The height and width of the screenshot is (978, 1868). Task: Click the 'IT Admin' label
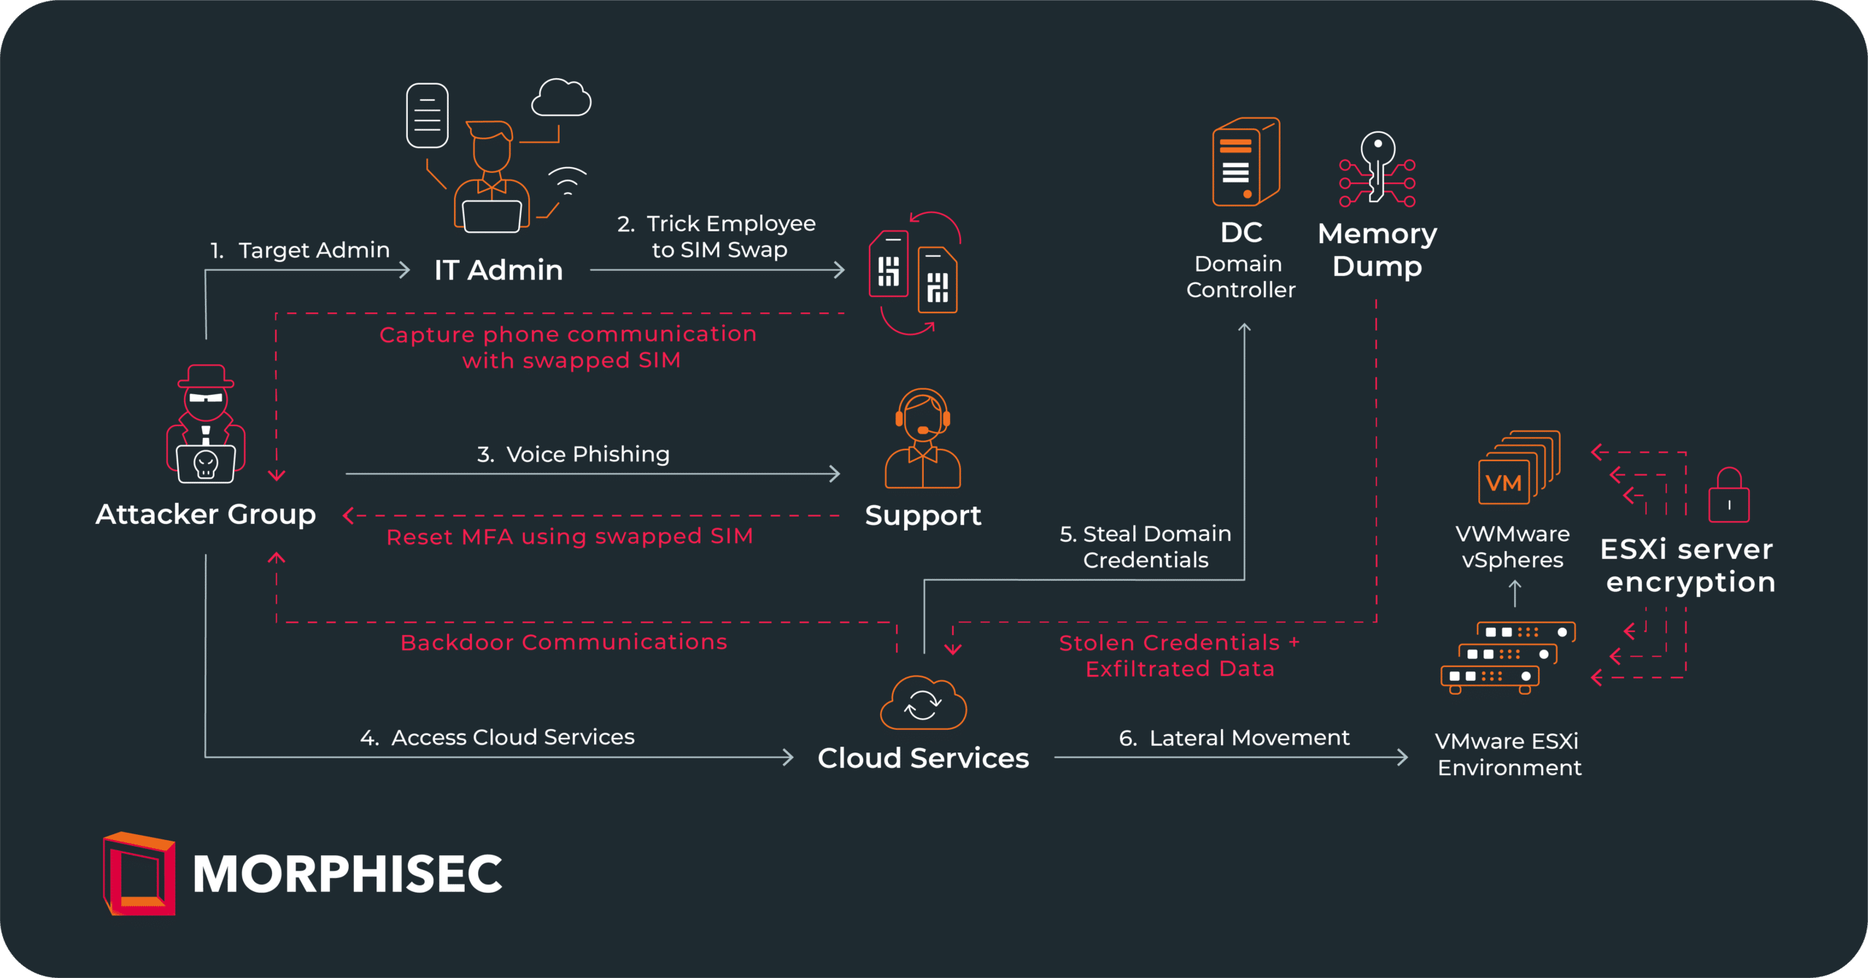coord(498,270)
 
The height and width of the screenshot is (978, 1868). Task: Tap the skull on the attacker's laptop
coord(206,464)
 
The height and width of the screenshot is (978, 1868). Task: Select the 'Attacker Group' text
coord(206,515)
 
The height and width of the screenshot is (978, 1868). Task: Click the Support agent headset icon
coord(923,438)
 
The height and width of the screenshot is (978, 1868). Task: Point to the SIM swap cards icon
coord(914,274)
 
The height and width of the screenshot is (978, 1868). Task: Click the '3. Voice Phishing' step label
coord(573,454)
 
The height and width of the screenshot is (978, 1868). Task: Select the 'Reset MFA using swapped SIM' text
coord(569,536)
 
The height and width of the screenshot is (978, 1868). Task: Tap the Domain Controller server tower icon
coord(1245,162)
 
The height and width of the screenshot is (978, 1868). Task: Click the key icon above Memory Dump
coord(1377,168)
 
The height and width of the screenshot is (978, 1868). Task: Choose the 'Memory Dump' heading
coord(1377,250)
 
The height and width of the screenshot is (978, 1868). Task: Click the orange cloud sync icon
coord(923,703)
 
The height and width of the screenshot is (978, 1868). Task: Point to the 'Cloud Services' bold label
coord(923,758)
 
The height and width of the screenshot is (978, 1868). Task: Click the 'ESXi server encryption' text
coord(1688,566)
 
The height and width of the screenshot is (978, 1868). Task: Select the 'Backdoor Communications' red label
coord(563,642)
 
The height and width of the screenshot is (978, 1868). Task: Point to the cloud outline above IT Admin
coord(560,99)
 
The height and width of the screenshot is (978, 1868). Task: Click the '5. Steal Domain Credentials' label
coord(1146,547)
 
